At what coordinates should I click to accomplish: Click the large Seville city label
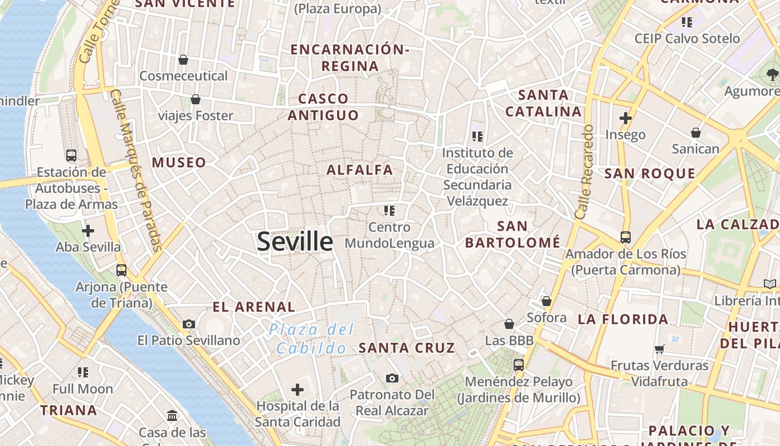pyautogui.click(x=295, y=241)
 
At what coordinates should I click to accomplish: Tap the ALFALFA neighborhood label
pyautogui.click(x=360, y=170)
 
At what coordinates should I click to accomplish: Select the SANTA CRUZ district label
pyautogui.click(x=407, y=348)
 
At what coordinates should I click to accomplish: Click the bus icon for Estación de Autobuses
pyautogui.click(x=71, y=156)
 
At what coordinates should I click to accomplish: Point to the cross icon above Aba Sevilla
pyautogui.click(x=88, y=230)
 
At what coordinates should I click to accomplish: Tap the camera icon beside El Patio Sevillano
pyautogui.click(x=189, y=324)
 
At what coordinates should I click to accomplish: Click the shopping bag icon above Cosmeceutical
pyautogui.click(x=183, y=60)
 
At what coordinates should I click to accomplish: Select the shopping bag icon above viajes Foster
pyautogui.click(x=196, y=100)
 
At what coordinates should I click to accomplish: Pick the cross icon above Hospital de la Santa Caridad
pyautogui.click(x=298, y=389)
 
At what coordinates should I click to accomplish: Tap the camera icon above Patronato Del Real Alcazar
pyautogui.click(x=392, y=379)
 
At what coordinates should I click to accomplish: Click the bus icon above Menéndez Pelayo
pyautogui.click(x=519, y=365)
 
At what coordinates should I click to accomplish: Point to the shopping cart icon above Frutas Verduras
pyautogui.click(x=660, y=350)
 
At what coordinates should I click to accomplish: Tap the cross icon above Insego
pyautogui.click(x=626, y=118)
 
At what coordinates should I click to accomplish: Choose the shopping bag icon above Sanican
pyautogui.click(x=696, y=133)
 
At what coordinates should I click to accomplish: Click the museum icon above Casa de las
pyautogui.click(x=172, y=416)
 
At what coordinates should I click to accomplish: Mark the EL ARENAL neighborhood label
pyautogui.click(x=254, y=307)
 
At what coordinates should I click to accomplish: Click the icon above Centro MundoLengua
pyautogui.click(x=389, y=211)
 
